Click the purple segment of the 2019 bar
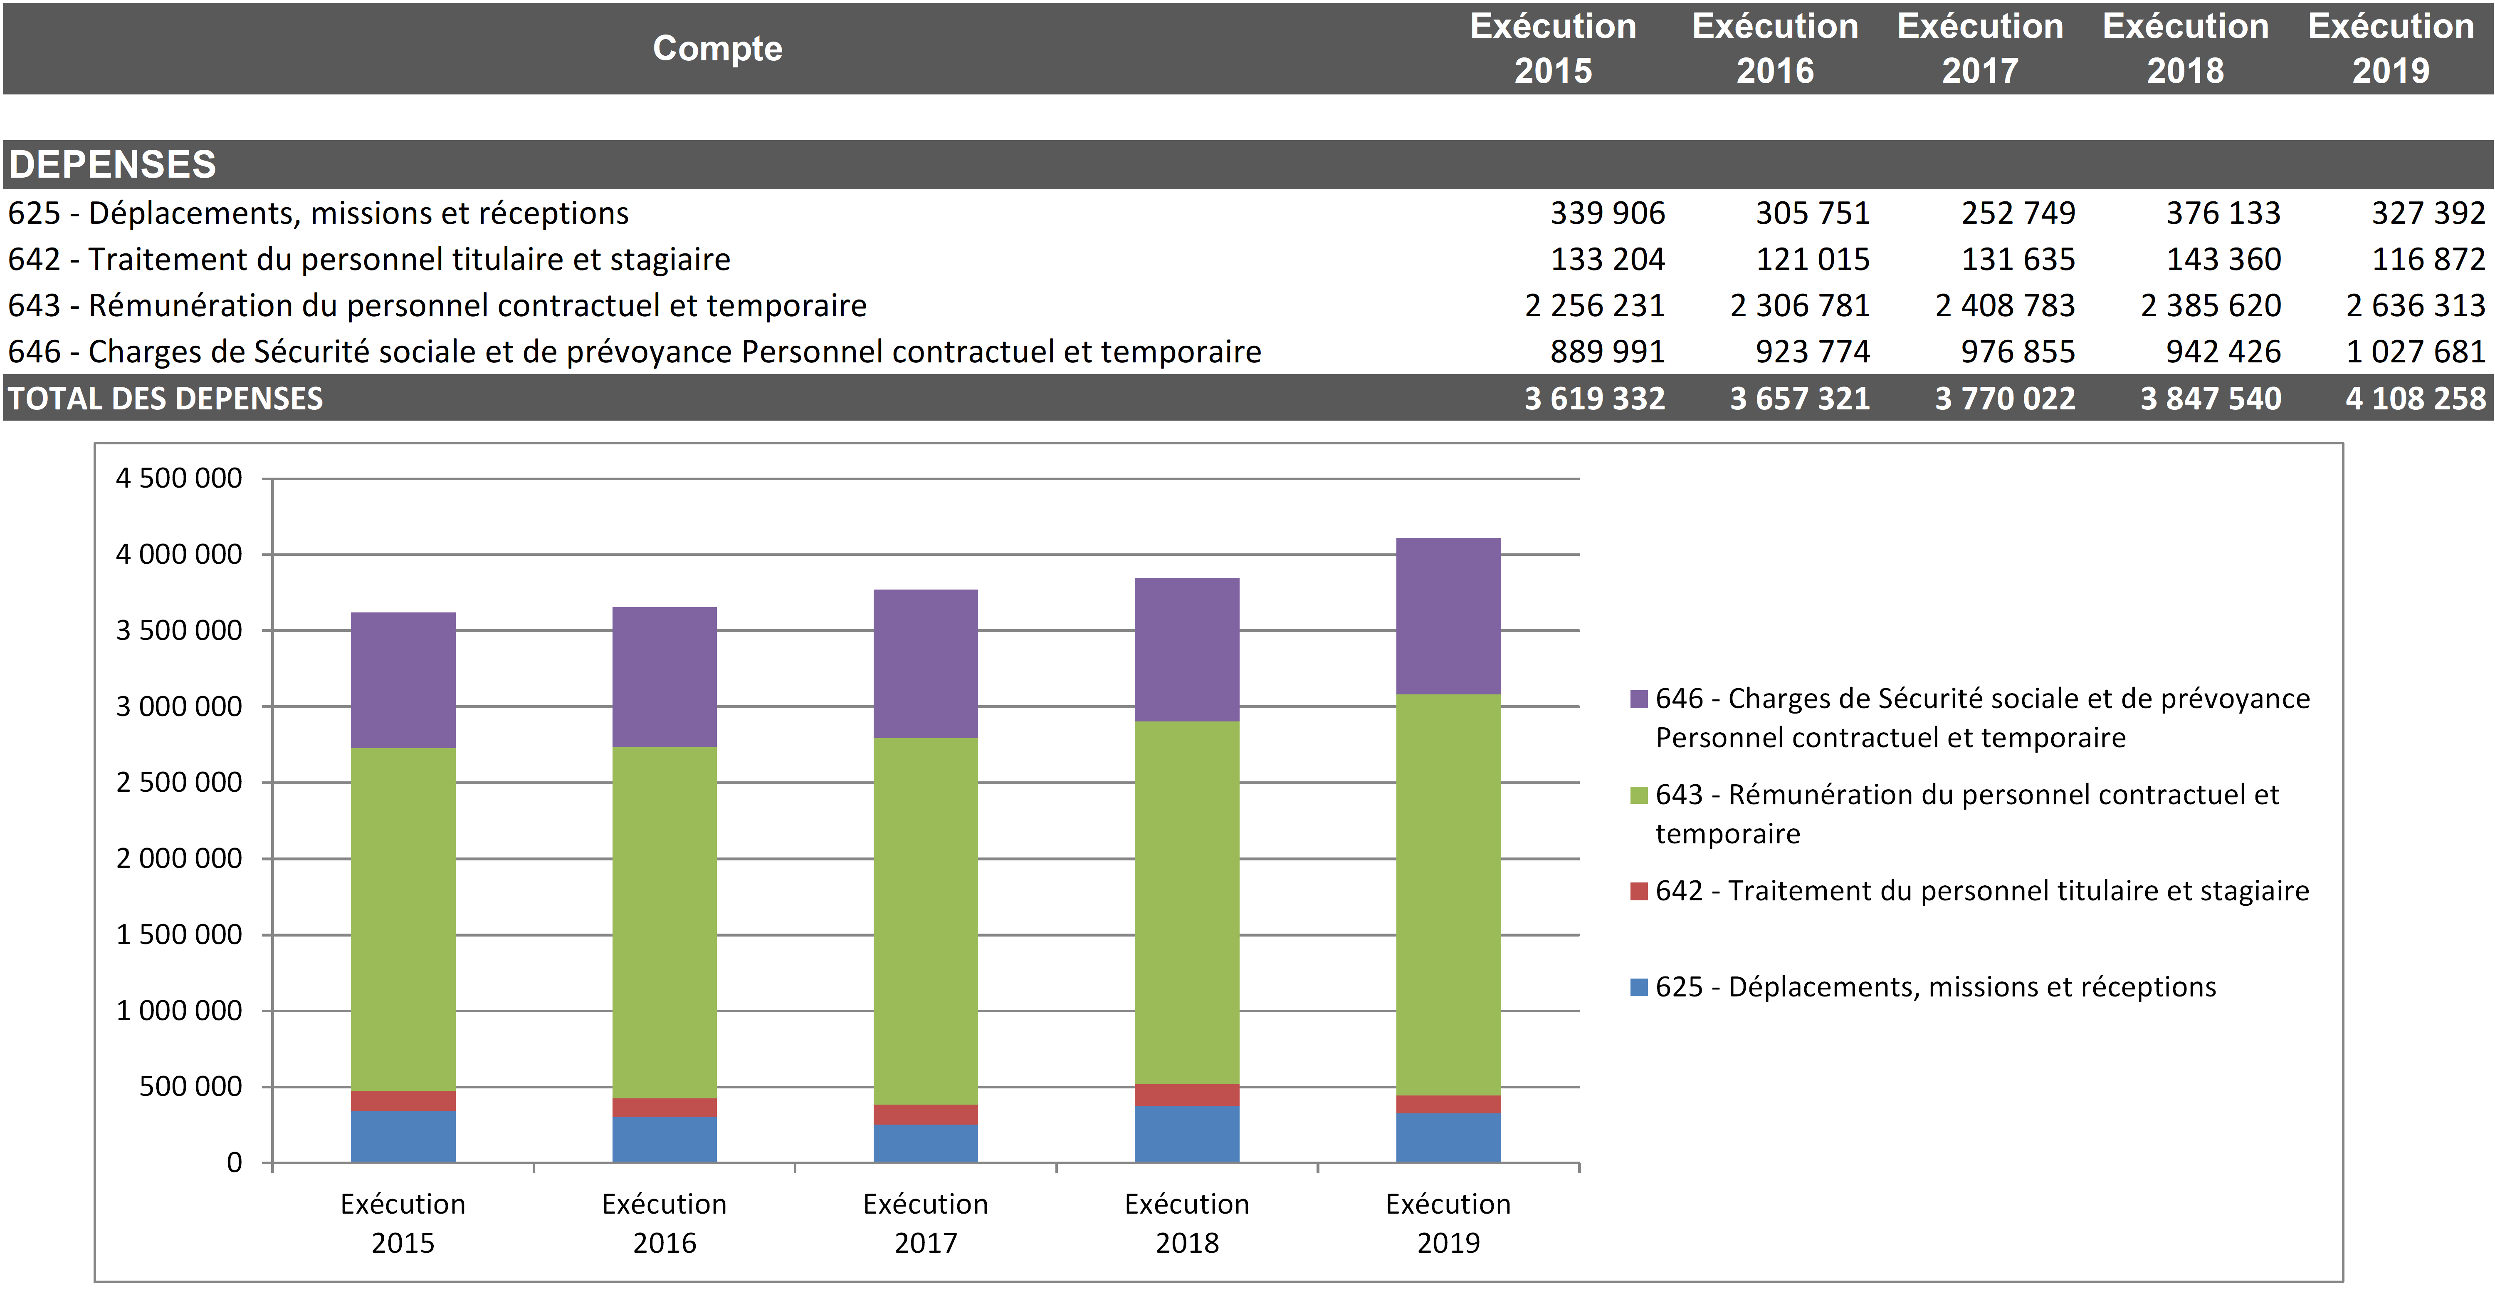click(x=1448, y=616)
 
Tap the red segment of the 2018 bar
click(x=1186, y=1095)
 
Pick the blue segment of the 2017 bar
click(x=925, y=1143)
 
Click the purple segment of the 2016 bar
click(x=665, y=677)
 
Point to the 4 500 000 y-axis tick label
click(x=179, y=478)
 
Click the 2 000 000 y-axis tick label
click(x=179, y=858)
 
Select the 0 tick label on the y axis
click(x=235, y=1162)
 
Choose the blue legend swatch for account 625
click(x=1639, y=987)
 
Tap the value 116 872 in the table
click(x=2428, y=260)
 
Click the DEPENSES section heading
click(x=112, y=165)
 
